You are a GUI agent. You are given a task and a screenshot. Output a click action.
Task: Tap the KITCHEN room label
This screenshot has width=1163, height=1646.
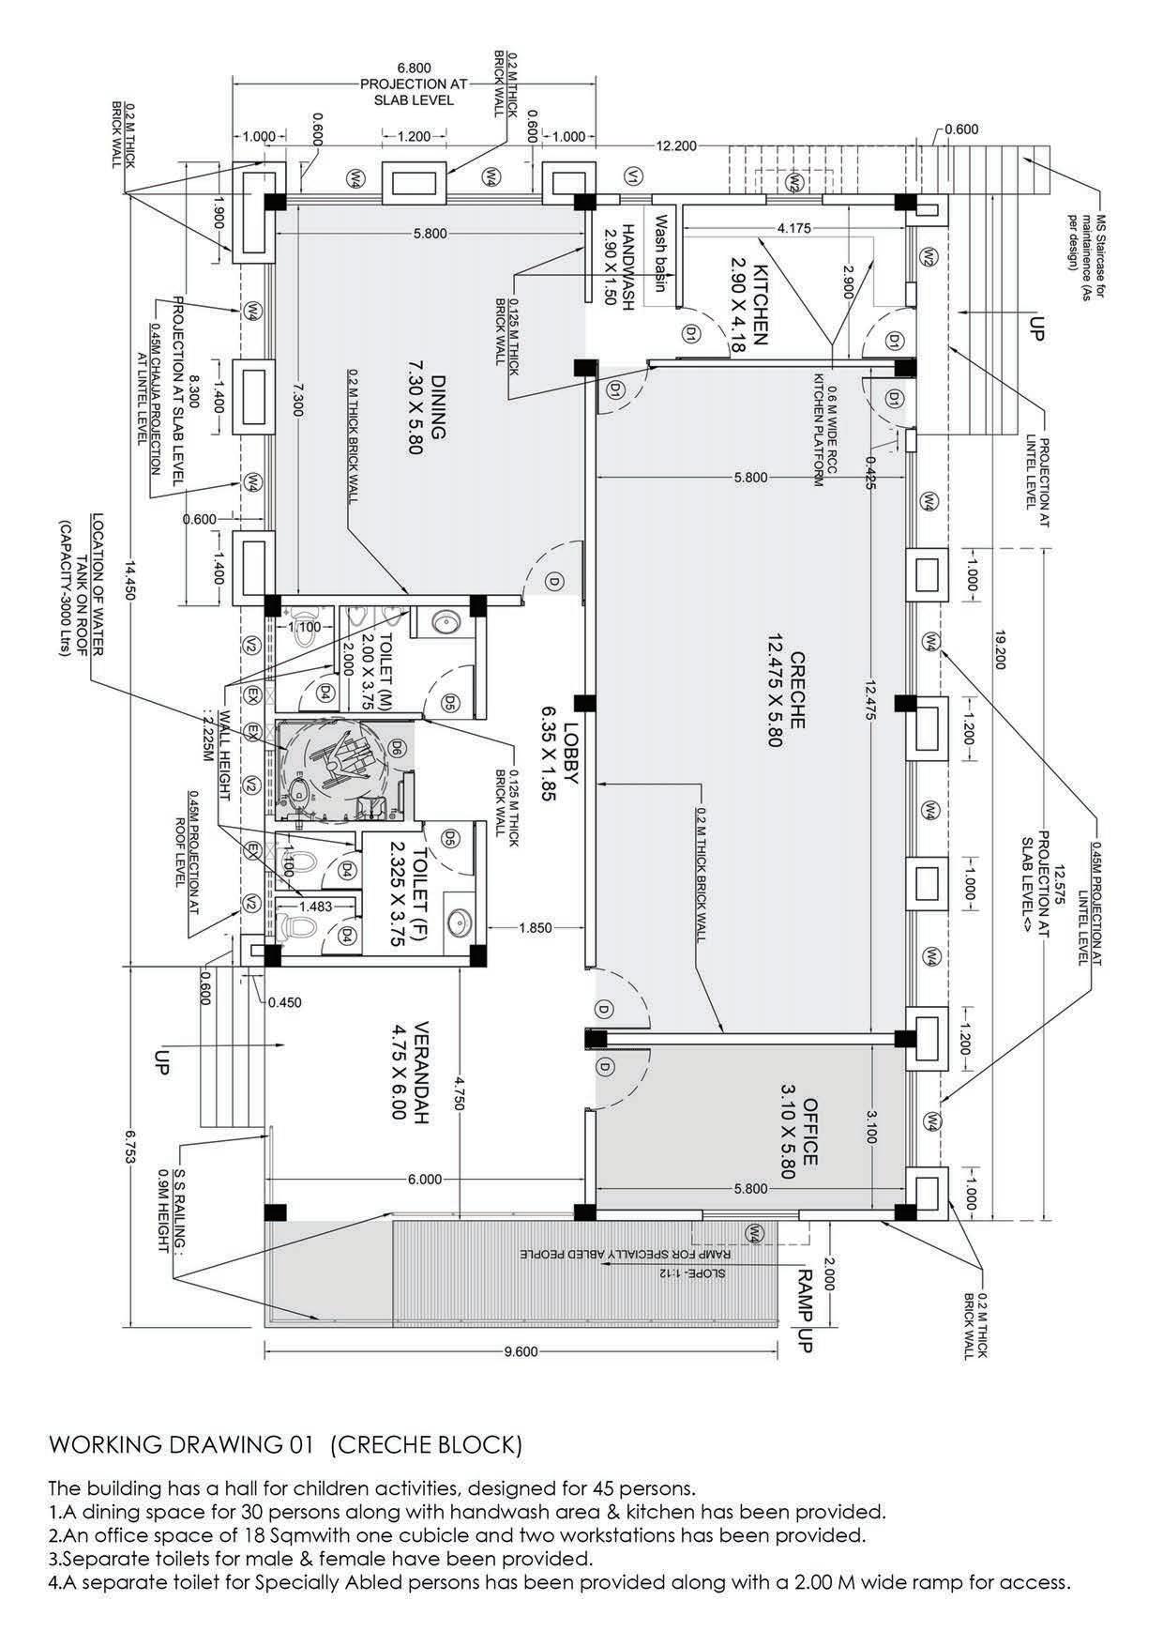[x=748, y=308]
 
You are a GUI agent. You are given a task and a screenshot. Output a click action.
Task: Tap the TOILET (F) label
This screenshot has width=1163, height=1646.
[x=409, y=893]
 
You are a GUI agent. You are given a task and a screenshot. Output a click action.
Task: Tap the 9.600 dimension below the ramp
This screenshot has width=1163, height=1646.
[x=521, y=1351]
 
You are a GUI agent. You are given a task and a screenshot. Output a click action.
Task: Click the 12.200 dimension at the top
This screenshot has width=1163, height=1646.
[x=676, y=146]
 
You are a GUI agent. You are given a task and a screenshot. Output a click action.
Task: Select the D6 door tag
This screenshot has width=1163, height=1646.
[x=396, y=748]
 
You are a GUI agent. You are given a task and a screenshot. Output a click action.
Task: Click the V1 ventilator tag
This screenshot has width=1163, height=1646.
[x=634, y=175]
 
